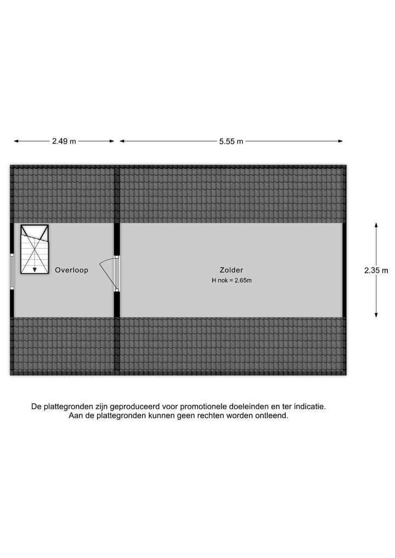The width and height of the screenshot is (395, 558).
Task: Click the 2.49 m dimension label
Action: point(64,141)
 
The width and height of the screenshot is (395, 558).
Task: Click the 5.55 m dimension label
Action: point(231,141)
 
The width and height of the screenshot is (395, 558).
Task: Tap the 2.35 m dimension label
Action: point(376,270)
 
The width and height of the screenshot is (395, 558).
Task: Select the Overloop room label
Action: point(71,270)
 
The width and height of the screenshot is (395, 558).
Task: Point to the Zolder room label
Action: point(232,270)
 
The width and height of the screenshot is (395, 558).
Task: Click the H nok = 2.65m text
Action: point(232,280)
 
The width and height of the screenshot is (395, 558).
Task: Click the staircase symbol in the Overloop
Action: point(35,249)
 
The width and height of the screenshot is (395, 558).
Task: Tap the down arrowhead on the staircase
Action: point(35,270)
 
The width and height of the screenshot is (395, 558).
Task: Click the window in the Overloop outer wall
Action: point(12,271)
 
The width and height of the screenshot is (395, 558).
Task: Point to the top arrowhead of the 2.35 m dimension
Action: point(376,226)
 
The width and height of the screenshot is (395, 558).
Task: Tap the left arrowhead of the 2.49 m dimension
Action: point(16,141)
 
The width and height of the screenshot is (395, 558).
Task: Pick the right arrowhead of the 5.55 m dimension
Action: point(340,141)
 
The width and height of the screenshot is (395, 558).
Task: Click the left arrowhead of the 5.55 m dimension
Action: point(122,141)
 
